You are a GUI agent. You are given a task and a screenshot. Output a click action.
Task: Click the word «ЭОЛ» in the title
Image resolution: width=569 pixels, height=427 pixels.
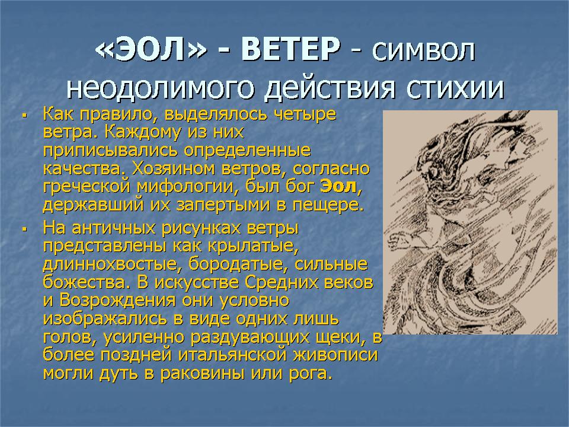pyautogui.click(x=151, y=49)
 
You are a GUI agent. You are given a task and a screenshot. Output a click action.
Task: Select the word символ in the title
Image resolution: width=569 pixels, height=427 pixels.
pyautogui.click(x=423, y=51)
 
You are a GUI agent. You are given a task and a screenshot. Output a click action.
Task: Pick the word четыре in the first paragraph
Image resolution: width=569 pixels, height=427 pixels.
pyautogui.click(x=305, y=114)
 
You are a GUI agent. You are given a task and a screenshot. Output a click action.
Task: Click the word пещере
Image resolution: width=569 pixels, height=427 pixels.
pyautogui.click(x=328, y=206)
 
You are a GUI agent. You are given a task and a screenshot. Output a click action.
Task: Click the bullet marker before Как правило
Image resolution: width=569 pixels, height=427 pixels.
pyautogui.click(x=25, y=116)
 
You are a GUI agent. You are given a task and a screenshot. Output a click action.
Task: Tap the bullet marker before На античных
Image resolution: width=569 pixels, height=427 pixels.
pyautogui.click(x=25, y=230)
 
